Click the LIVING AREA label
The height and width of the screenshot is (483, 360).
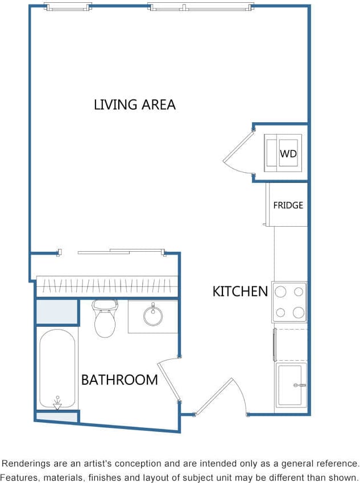[x=134, y=105]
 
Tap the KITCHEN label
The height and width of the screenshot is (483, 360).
[x=239, y=292]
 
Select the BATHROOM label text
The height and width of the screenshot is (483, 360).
[x=119, y=380]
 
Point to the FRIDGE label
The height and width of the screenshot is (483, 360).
[x=288, y=205]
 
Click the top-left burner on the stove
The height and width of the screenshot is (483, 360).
[x=280, y=292]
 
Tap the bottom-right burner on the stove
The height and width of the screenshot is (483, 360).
[x=298, y=312]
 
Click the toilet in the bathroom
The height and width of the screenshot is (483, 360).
[x=104, y=319]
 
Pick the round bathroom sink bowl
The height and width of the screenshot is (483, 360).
[x=153, y=315]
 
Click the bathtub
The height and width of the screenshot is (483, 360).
[x=57, y=369]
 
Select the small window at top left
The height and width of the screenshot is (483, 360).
[x=68, y=7]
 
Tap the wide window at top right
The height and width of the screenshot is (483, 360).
[x=200, y=7]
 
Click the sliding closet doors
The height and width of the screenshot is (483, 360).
[x=121, y=251]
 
